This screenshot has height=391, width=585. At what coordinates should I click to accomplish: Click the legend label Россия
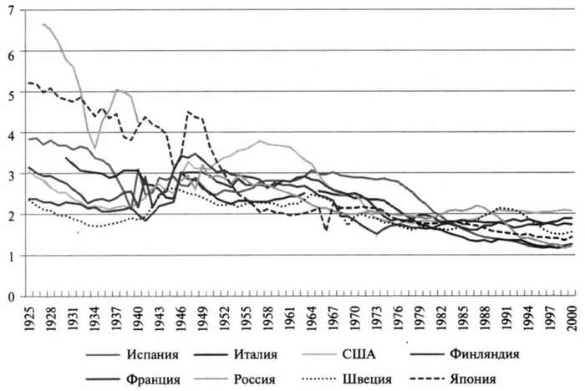tap(257, 379)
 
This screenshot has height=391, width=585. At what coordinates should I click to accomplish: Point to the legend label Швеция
tap(373, 379)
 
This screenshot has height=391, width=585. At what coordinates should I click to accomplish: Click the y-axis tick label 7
tap(12, 10)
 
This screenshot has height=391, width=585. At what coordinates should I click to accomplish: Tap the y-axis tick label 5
tap(12, 92)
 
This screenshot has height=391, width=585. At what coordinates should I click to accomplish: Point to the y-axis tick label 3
tap(12, 174)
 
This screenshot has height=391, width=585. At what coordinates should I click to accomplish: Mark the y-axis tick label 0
tap(12, 296)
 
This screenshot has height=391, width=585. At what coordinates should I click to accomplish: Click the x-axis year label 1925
tap(30, 317)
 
